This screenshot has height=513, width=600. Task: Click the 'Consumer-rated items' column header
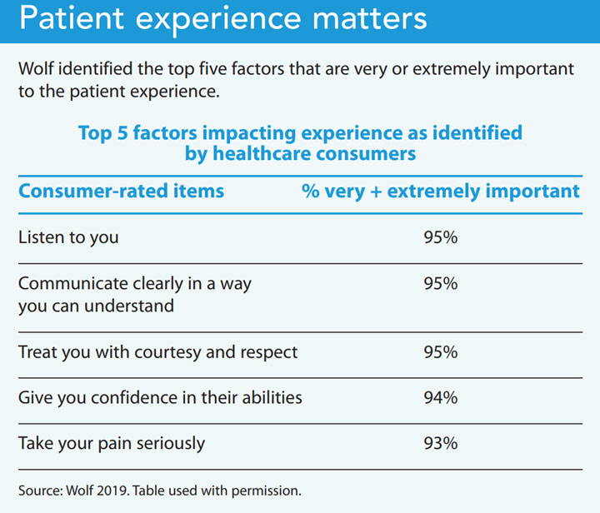pos(121,191)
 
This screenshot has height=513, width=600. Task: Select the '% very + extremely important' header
pos(440,191)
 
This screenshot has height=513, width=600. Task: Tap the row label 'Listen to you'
pos(68,237)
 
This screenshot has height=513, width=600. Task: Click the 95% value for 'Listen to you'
pos(439,237)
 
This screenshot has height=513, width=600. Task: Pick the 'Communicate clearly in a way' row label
pos(134,283)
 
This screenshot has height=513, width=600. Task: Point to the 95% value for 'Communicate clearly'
pos(439,283)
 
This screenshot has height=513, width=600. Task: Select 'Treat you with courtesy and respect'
pos(157,351)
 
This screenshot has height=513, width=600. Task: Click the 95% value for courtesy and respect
pos(439,351)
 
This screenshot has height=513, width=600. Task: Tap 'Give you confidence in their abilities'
pos(160,397)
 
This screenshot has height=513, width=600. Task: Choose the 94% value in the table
pos(439,397)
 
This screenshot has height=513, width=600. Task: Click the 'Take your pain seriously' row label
pos(112,443)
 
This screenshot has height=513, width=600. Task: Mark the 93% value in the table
pos(439,443)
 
